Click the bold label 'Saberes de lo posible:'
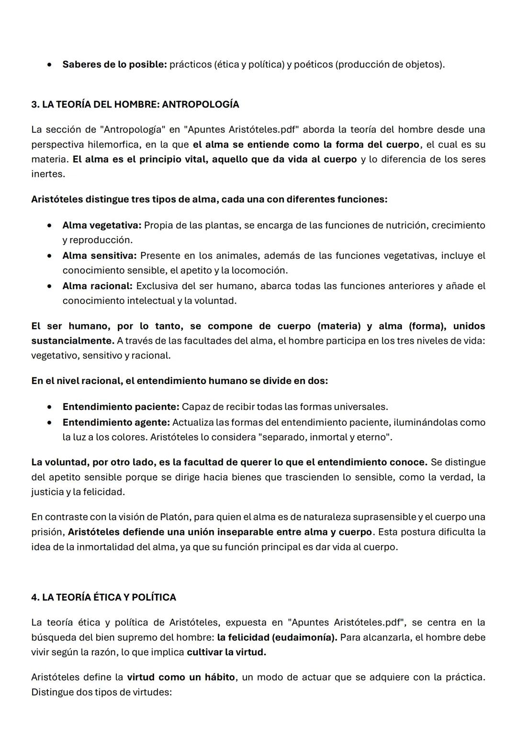(x=114, y=64)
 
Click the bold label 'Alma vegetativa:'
(x=101, y=225)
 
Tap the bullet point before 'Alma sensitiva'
(x=50, y=256)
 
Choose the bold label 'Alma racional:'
(x=97, y=286)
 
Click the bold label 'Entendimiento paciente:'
(x=121, y=407)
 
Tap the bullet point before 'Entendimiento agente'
(x=50, y=423)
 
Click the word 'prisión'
(x=47, y=532)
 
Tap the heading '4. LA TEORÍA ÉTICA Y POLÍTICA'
(x=103, y=597)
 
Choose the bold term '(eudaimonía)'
(x=304, y=638)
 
